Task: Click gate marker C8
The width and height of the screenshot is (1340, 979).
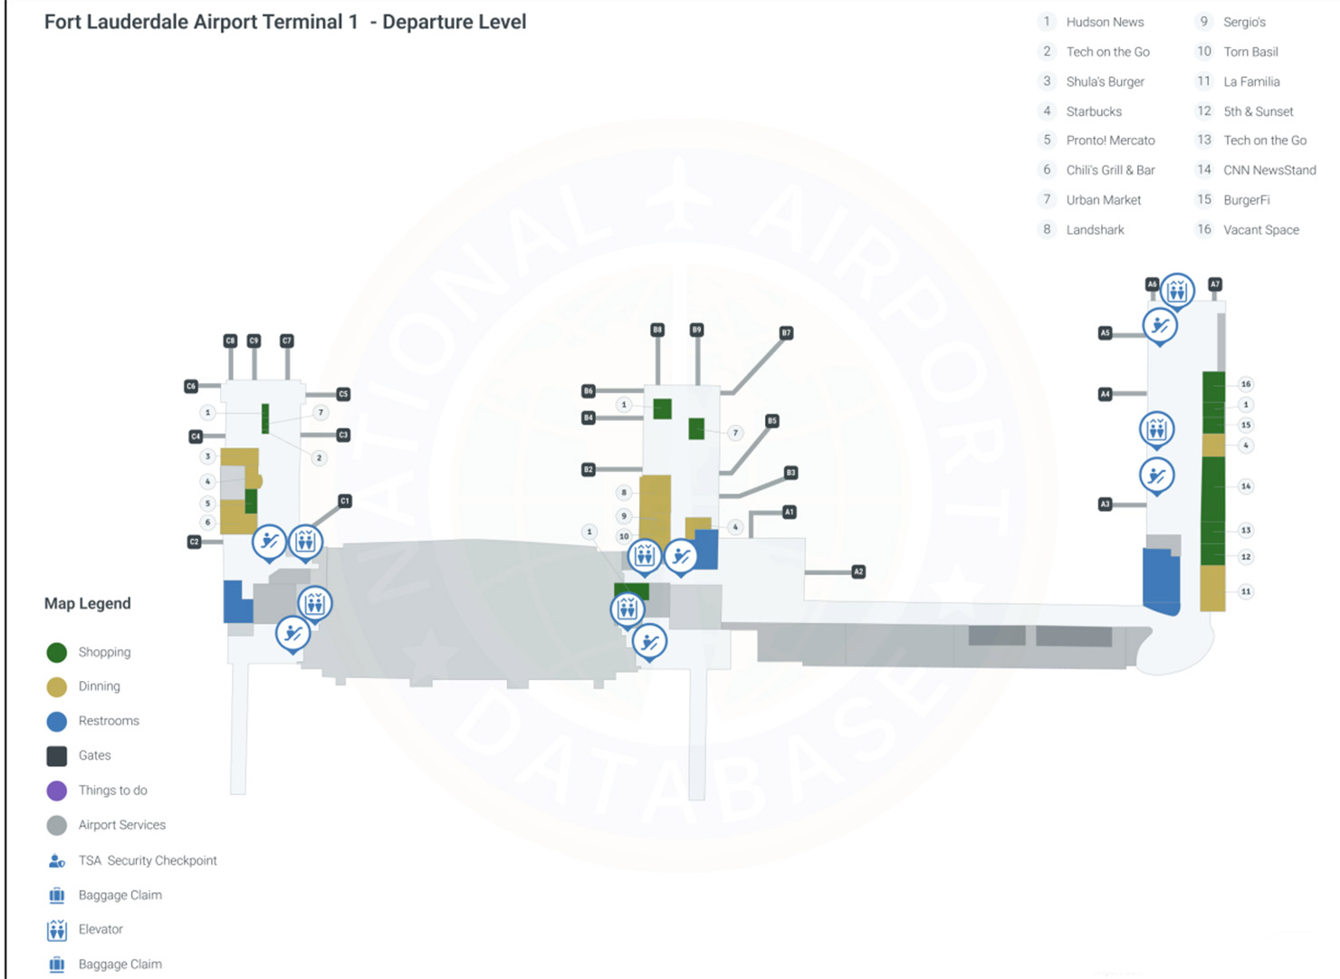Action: point(230,341)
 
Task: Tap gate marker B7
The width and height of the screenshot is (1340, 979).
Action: point(786,333)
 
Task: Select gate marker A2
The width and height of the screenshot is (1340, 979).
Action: point(858,571)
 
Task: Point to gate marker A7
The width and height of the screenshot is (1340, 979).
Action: point(1215,284)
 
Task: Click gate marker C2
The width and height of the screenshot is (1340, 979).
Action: point(194,542)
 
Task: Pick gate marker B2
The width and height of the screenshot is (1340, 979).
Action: point(589,469)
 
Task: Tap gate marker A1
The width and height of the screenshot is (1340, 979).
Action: point(789,512)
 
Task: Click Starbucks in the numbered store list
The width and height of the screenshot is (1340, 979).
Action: point(1093,111)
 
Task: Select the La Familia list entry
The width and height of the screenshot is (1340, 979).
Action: point(1250,82)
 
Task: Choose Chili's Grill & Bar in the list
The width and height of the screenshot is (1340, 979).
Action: point(1110,170)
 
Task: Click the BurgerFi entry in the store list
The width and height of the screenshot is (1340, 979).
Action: point(1246,200)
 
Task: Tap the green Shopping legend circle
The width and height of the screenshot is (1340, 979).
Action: point(56,652)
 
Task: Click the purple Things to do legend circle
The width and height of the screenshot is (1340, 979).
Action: point(56,791)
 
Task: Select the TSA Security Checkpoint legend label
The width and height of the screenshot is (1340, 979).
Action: point(147,860)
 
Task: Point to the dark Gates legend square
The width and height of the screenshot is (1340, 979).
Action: point(56,755)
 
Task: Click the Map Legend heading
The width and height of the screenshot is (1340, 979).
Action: point(88,603)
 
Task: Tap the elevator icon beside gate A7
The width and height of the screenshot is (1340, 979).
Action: point(1177,290)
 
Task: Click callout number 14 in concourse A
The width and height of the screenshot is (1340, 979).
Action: point(1246,486)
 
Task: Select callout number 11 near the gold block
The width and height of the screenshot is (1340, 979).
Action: point(1246,591)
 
